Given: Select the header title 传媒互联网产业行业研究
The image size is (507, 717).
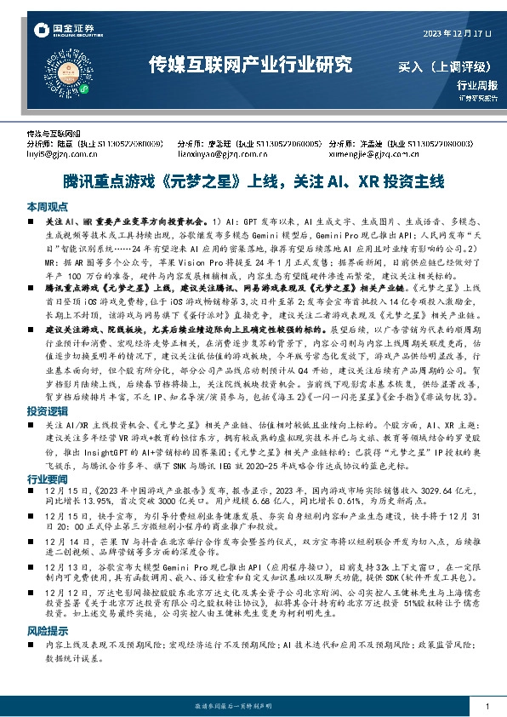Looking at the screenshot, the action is (250, 64).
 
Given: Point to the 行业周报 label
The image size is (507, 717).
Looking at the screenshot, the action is (476, 85).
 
